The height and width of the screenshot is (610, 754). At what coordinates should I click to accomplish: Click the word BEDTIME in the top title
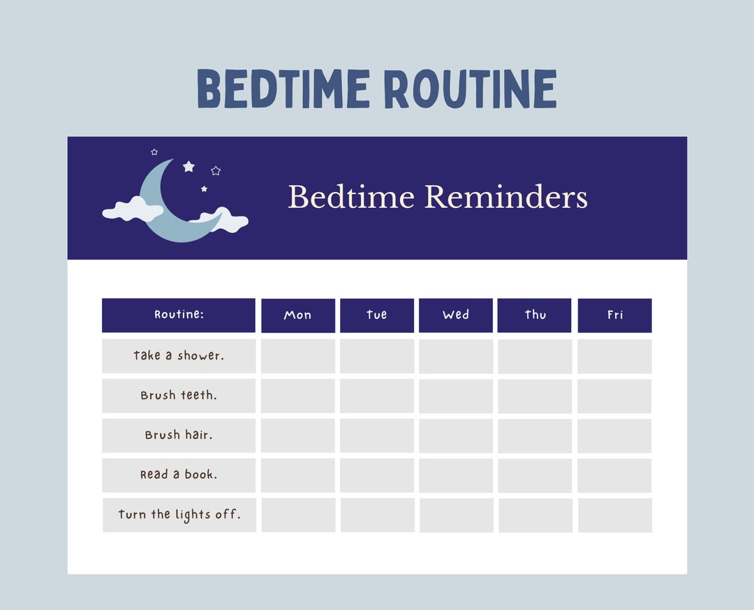[x=283, y=89]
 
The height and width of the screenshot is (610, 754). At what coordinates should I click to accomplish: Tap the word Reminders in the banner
[x=505, y=198]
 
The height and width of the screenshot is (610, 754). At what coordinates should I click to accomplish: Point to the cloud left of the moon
[x=133, y=209]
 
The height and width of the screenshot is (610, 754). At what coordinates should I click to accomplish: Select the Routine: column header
[x=179, y=315]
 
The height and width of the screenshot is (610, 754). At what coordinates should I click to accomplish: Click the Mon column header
[x=298, y=315]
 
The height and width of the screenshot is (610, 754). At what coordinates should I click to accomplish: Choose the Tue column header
[x=377, y=315]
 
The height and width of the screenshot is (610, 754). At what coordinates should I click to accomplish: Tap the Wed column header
[x=456, y=315]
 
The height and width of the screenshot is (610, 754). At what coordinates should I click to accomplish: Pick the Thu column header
[x=535, y=315]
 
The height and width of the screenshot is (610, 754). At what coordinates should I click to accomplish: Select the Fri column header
[x=614, y=315]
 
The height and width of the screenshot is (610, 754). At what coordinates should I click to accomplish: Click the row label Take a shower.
[x=179, y=356]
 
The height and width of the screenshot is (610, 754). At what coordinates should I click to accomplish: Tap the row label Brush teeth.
[x=179, y=396]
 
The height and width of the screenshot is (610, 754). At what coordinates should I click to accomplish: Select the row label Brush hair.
[x=179, y=436]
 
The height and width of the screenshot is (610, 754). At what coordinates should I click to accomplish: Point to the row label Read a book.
[x=179, y=475]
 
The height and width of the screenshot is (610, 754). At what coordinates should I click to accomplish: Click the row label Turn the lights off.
[x=179, y=515]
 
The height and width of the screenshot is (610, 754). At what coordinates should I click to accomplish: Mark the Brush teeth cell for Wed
[x=456, y=396]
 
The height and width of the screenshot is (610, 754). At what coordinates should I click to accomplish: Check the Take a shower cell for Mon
[x=298, y=356]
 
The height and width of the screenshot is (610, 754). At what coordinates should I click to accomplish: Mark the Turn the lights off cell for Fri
[x=615, y=515]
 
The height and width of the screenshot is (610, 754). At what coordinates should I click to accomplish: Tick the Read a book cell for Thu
[x=535, y=475]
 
